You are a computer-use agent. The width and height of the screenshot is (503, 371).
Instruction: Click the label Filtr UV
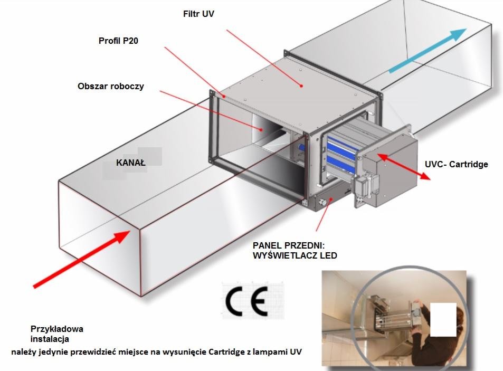198,13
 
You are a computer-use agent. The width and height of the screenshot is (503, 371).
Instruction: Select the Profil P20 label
118,41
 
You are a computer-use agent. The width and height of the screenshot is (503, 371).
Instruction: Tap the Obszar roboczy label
111,85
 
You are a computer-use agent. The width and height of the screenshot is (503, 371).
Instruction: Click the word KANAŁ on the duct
130,163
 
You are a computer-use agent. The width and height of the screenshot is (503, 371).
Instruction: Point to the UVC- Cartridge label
456,164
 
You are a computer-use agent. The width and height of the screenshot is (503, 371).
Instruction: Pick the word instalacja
49,339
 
